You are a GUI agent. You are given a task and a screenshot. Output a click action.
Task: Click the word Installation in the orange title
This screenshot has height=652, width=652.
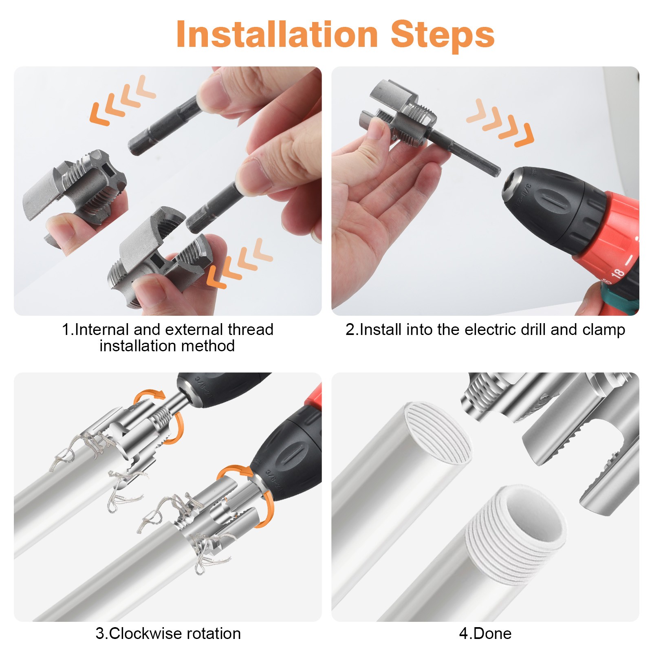point(277,35)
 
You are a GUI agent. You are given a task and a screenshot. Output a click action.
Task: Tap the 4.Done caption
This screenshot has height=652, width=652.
point(485,634)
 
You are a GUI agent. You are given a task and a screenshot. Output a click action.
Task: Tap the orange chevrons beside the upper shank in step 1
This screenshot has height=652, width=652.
point(122,100)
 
